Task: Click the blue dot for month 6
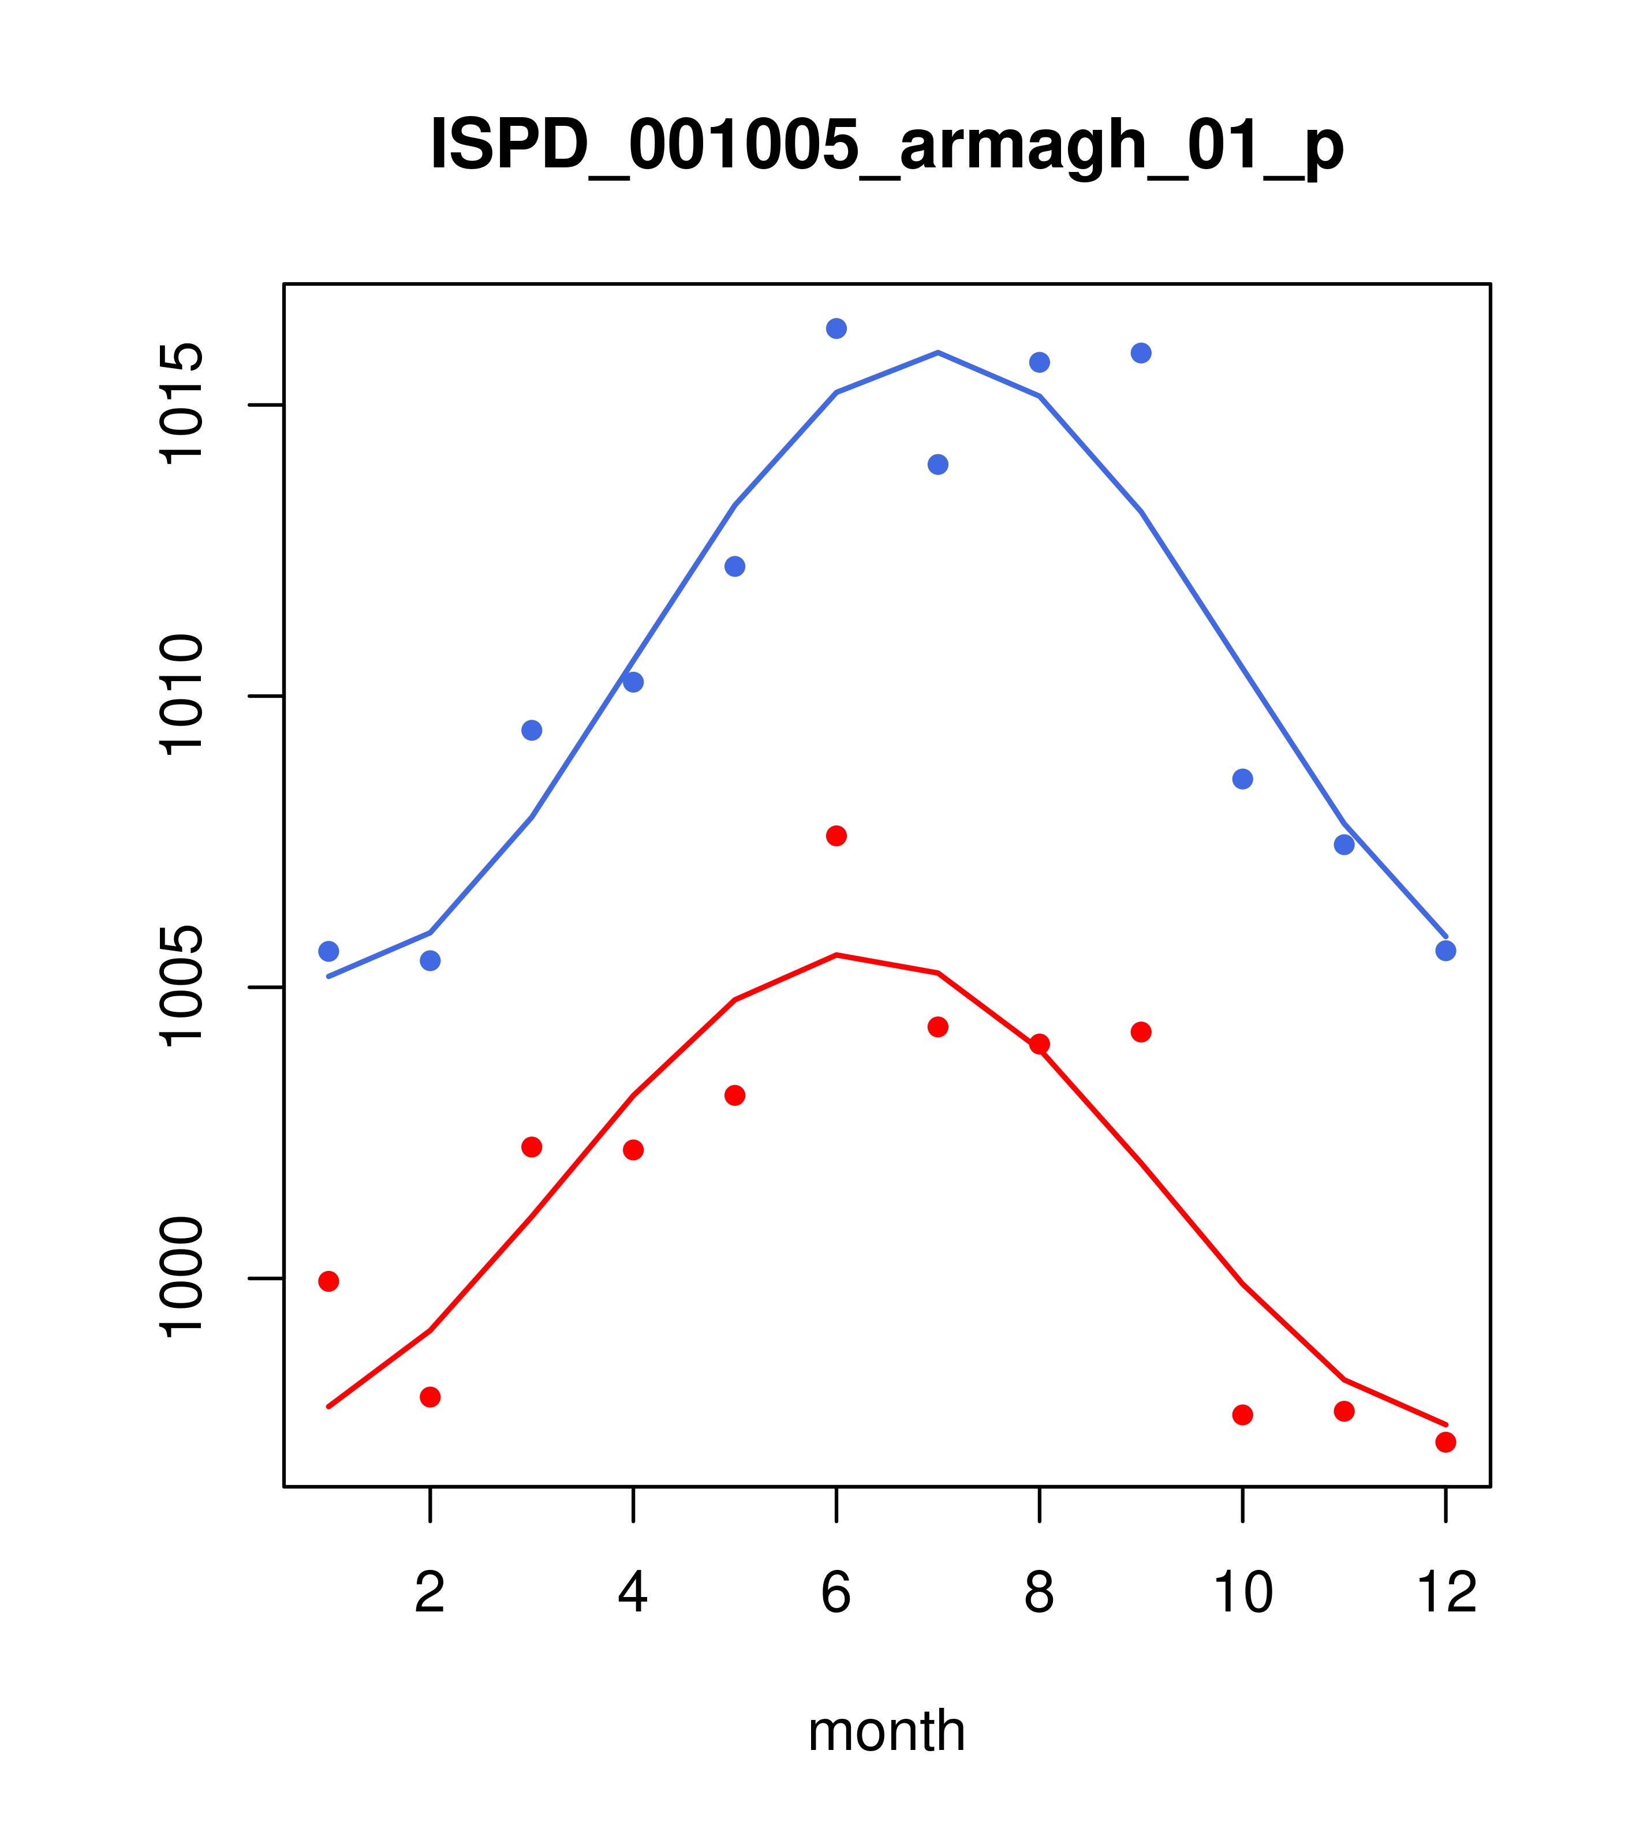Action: tap(836, 328)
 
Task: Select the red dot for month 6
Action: tap(836, 836)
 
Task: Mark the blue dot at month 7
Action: tap(938, 465)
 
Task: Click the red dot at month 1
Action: tap(328, 1281)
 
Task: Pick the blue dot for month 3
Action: tap(532, 730)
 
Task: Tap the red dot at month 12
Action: tap(1446, 1442)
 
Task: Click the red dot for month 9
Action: tap(1141, 1031)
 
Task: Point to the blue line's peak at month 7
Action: tap(938, 353)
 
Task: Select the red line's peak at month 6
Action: tap(836, 955)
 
